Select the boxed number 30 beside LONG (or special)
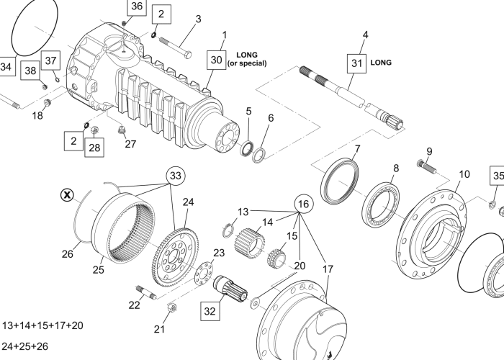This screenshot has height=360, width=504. tap(216, 60)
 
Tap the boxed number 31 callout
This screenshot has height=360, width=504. tap(356, 63)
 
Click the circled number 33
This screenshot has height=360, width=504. tap(176, 176)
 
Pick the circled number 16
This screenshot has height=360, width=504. tap(304, 204)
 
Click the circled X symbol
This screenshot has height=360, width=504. tap(67, 194)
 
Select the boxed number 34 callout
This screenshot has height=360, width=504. tap(6, 67)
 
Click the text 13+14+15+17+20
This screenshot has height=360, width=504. tap(43, 325)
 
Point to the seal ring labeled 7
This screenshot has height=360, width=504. tap(343, 184)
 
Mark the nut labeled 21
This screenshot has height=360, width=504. tap(173, 311)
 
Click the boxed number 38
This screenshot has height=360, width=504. tap(30, 71)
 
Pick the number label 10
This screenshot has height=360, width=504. tap(464, 174)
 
